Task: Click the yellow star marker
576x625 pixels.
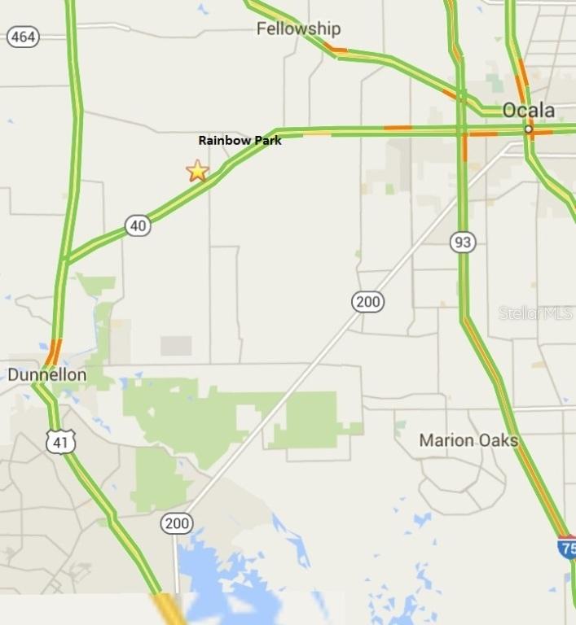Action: pyautogui.click(x=197, y=171)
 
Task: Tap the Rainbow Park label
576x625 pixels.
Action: pyautogui.click(x=240, y=140)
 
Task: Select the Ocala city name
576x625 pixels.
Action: pyautogui.click(x=528, y=111)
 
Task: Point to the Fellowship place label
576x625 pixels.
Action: pyautogui.click(x=298, y=29)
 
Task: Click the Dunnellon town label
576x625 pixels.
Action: pyautogui.click(x=46, y=375)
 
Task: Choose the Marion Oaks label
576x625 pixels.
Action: pyautogui.click(x=468, y=440)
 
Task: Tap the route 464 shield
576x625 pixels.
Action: pyautogui.click(x=23, y=37)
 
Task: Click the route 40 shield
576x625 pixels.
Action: pyautogui.click(x=139, y=225)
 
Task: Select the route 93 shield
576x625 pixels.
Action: pyautogui.click(x=463, y=242)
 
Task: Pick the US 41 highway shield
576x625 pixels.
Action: pyautogui.click(x=61, y=440)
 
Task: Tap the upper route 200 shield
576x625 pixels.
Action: pyautogui.click(x=367, y=302)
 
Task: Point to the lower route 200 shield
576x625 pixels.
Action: pyautogui.click(x=176, y=522)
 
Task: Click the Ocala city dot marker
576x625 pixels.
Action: pyautogui.click(x=529, y=129)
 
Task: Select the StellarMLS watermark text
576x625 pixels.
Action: pyautogui.click(x=535, y=312)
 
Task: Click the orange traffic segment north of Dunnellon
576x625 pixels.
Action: pyautogui.click(x=53, y=352)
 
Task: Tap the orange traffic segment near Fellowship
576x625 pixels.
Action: pyautogui.click(x=335, y=50)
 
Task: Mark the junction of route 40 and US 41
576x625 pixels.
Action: pyautogui.click(x=64, y=260)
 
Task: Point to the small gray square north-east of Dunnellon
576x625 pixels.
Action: pyautogui.click(x=176, y=346)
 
